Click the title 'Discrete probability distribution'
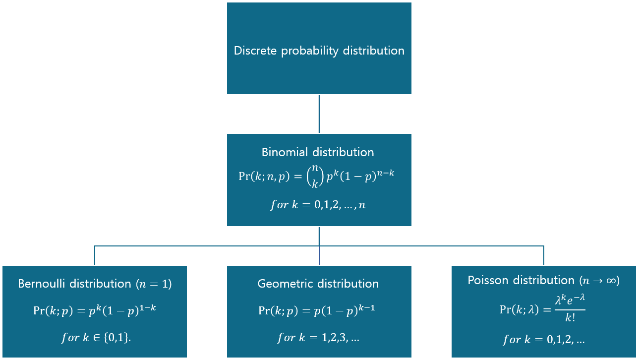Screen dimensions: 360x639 click(x=319, y=51)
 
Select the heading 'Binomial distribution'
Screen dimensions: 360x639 click(x=318, y=152)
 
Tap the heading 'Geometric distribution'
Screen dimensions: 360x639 click(x=318, y=284)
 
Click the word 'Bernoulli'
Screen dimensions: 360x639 click(x=41, y=284)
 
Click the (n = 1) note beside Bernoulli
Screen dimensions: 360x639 click(x=153, y=284)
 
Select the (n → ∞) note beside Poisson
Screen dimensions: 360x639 click(x=599, y=281)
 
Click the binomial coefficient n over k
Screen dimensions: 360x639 click(x=314, y=177)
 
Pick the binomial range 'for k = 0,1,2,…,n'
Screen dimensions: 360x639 click(x=318, y=204)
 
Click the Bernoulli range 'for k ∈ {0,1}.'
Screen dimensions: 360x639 click(x=94, y=337)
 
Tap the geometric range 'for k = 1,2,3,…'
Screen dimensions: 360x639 click(x=318, y=338)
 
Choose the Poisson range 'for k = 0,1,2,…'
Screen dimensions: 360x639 click(x=543, y=340)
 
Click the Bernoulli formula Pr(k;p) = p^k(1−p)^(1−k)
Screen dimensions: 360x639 click(x=94, y=310)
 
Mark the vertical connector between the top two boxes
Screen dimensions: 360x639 click(x=319, y=114)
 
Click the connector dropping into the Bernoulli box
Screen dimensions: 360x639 click(x=95, y=255)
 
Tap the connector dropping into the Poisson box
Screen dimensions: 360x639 click(x=544, y=255)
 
